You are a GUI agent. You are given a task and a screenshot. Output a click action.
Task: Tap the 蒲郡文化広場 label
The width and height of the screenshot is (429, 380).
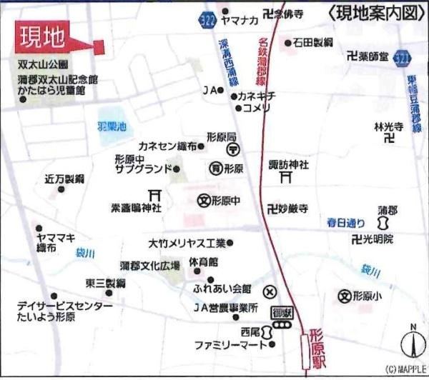pos(149,265)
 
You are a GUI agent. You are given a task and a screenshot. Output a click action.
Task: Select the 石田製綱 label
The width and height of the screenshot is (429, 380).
pos(313,43)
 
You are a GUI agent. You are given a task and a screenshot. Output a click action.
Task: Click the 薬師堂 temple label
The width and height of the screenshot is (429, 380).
pos(372,55)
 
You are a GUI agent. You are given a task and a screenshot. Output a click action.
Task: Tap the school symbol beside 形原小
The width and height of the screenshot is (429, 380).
pos(345,295)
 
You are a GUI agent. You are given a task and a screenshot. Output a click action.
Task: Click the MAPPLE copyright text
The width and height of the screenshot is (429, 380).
pos(405,369)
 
